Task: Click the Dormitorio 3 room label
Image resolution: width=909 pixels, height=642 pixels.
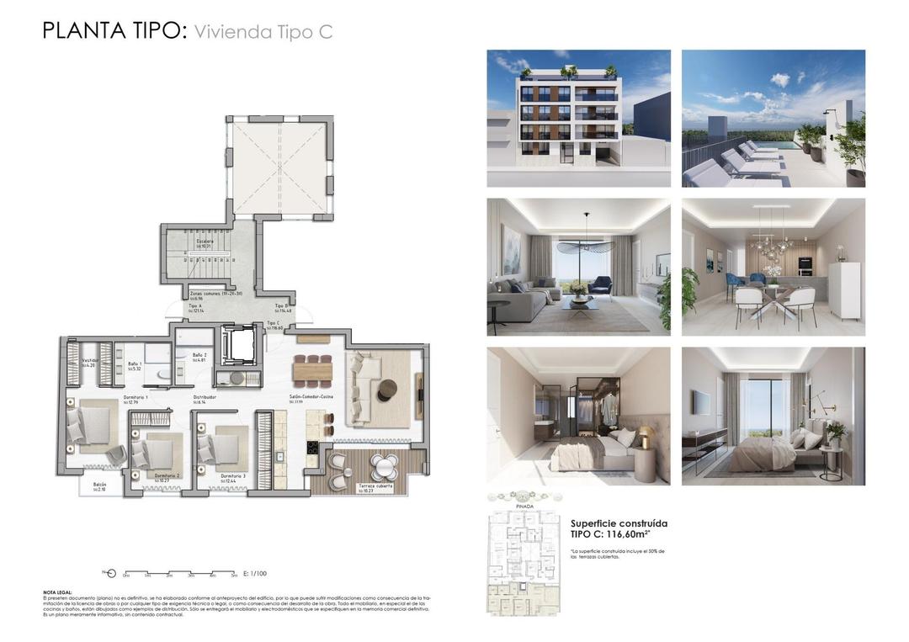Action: [233, 476]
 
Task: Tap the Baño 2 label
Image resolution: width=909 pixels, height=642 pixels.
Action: [199, 355]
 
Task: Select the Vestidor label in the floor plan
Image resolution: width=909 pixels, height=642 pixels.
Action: [90, 360]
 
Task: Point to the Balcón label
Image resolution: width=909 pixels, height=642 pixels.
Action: [99, 485]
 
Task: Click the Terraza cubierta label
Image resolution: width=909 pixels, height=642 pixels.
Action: [375, 485]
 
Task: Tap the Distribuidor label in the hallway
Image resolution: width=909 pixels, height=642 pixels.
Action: [205, 396]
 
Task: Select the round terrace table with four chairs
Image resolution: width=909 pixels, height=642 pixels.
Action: [385, 465]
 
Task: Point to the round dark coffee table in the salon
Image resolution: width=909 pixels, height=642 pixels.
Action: [386, 388]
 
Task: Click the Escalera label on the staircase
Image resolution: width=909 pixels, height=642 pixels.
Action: [205, 242]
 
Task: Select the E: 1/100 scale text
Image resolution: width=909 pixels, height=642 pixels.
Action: [254, 573]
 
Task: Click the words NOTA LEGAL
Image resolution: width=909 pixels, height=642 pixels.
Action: [57, 592]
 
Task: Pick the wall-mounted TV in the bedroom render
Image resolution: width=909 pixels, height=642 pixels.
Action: [701, 403]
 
